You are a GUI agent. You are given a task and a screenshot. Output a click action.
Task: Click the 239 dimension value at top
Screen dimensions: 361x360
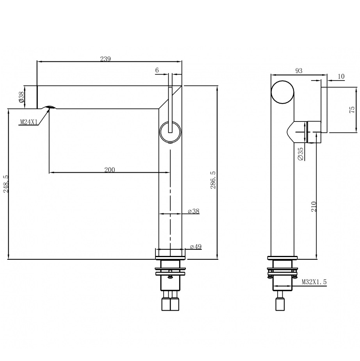tap(105, 59)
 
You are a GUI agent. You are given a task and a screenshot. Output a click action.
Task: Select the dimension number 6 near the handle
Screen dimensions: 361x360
tap(157, 70)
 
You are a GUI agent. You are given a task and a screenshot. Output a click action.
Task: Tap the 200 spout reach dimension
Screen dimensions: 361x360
tap(110, 170)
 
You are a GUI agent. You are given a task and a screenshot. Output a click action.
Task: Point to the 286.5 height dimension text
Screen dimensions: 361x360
tap(213, 180)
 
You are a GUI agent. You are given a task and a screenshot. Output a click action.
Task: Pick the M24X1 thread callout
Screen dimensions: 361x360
tap(29, 122)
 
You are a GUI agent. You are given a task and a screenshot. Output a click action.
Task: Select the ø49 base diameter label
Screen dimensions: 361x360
tap(195, 247)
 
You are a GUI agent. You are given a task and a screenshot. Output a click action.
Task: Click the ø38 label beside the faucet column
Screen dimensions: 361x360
tap(194, 211)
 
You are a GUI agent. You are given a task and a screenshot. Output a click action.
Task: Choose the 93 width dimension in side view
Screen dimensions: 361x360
tap(299, 71)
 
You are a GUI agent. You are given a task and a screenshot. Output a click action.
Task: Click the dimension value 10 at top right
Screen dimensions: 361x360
tap(340, 77)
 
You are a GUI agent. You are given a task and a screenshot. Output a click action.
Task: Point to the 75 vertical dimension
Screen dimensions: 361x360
tap(351, 110)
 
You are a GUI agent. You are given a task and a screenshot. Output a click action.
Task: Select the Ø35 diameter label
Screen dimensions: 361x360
tap(300, 154)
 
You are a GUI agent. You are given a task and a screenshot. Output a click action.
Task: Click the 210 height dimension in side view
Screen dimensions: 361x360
tap(314, 206)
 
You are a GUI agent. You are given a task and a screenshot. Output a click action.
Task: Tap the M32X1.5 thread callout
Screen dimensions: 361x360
tap(314, 281)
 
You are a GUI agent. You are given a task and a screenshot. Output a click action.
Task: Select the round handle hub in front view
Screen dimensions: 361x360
tap(170, 132)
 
